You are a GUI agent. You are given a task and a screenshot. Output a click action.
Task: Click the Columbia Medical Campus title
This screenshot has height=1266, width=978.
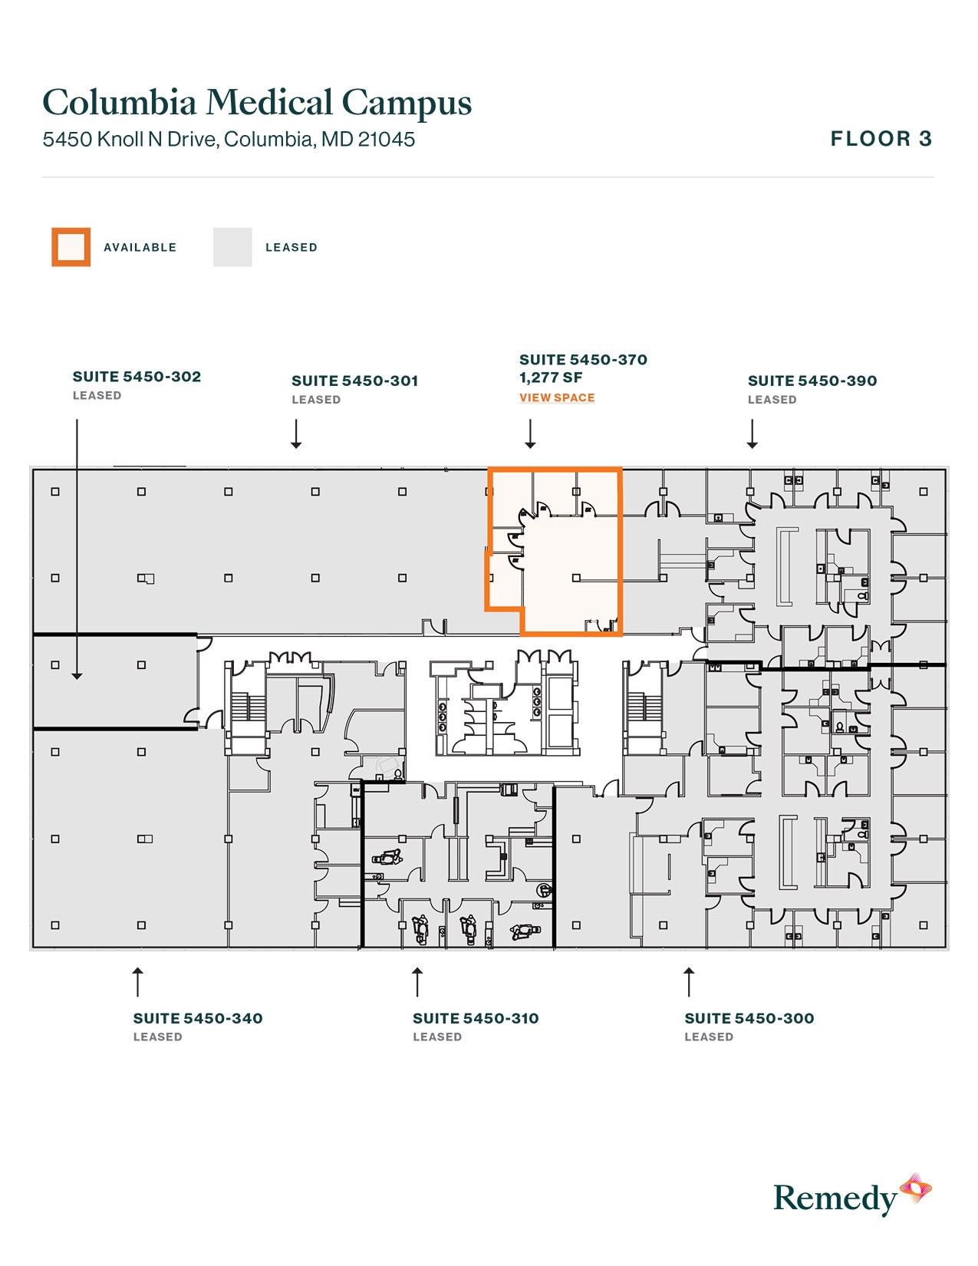(x=257, y=103)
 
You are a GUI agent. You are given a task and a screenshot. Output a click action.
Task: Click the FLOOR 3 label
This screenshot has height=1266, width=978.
(x=881, y=139)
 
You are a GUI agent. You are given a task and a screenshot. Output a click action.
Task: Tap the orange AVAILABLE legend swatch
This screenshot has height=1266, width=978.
(x=71, y=247)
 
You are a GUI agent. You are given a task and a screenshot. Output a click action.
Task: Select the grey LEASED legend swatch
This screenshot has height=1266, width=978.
(x=232, y=247)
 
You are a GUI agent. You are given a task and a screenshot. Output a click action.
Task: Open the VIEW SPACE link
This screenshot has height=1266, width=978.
(x=557, y=397)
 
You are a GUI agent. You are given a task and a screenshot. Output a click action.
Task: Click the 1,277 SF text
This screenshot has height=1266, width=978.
(x=551, y=377)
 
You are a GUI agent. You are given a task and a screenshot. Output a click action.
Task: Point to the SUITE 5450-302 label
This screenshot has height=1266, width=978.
(x=137, y=377)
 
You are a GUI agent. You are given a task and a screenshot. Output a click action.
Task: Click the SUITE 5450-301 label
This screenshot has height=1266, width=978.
(x=354, y=381)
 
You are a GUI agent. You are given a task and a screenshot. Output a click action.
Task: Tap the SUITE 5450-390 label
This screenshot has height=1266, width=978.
(x=812, y=381)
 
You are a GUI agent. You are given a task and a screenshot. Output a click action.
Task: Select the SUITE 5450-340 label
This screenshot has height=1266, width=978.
(x=198, y=1018)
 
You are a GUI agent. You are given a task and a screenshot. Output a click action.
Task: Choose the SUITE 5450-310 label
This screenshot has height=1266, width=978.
(x=476, y=1018)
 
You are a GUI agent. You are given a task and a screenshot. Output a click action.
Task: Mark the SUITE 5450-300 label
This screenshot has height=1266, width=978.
(x=749, y=1018)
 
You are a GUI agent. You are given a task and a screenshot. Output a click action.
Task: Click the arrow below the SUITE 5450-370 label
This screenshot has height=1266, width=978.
(x=530, y=434)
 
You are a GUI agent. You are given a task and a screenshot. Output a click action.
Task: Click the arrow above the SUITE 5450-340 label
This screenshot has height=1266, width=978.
(x=138, y=981)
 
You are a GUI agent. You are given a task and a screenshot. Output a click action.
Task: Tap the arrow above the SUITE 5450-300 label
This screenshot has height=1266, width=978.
(x=689, y=981)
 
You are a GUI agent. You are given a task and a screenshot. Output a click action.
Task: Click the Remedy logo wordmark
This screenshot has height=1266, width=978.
(x=835, y=1198)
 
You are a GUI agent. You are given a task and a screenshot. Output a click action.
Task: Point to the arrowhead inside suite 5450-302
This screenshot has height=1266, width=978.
(x=77, y=674)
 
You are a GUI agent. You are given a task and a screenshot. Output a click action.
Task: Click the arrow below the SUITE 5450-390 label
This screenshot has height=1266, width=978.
(x=752, y=434)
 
